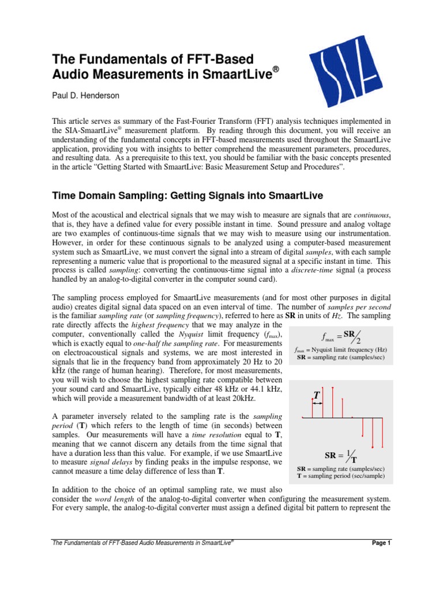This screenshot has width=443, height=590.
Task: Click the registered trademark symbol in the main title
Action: (276, 69)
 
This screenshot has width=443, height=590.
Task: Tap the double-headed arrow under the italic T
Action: (317, 404)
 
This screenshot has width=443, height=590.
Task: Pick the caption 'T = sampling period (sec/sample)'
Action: (337, 476)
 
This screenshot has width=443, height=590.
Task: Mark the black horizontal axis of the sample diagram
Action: (346, 417)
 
